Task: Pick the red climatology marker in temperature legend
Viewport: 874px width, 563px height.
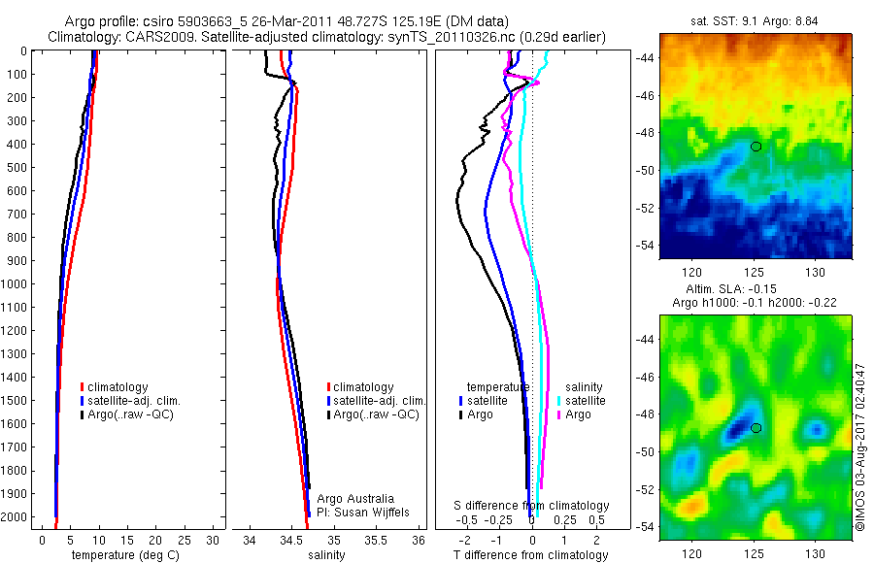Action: pyautogui.click(x=83, y=387)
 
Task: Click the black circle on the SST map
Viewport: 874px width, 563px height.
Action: pyautogui.click(x=756, y=147)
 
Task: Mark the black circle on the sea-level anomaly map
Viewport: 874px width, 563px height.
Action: pyautogui.click(x=756, y=428)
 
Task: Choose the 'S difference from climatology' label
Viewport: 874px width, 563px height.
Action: pyautogui.click(x=532, y=506)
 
